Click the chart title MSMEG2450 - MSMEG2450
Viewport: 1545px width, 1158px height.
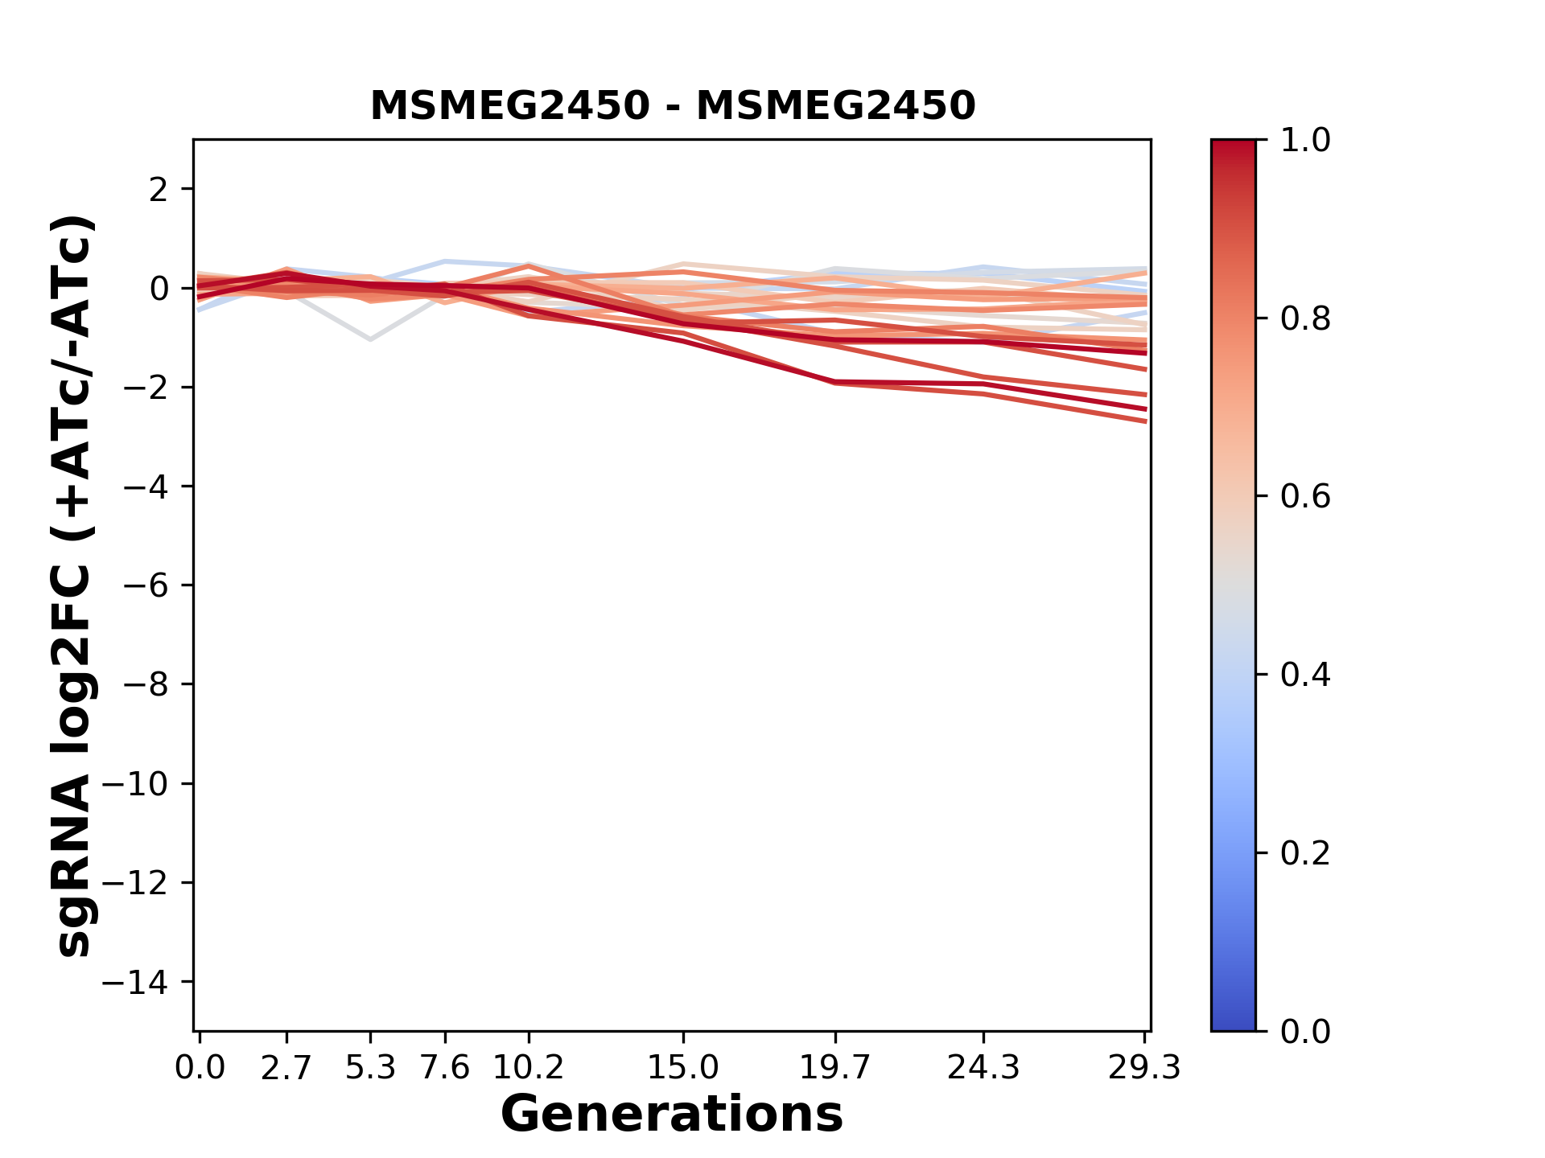pos(673,105)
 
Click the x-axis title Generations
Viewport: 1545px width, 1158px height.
pos(672,1115)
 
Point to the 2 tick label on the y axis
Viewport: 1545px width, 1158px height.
pos(159,190)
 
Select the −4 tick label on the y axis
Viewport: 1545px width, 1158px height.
pos(146,487)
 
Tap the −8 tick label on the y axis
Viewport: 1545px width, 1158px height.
pos(146,684)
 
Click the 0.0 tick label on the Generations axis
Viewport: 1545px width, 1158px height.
pos(200,1068)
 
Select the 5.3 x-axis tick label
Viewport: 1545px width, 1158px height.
pos(370,1068)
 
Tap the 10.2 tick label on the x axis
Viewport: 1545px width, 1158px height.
pos(528,1068)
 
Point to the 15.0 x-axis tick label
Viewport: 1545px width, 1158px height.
pos(683,1068)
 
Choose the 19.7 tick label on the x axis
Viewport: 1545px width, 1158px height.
pos(836,1068)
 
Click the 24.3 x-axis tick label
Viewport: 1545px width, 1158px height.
pos(983,1068)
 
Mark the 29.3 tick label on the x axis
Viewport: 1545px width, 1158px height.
pos(1144,1068)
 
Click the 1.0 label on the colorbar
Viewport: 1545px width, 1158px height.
pos(1305,141)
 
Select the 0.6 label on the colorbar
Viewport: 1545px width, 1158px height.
pos(1305,497)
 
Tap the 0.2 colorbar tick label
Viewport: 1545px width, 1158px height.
pos(1305,853)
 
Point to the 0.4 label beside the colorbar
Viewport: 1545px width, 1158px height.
pos(1305,675)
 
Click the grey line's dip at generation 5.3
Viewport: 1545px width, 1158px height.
pos(370,339)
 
